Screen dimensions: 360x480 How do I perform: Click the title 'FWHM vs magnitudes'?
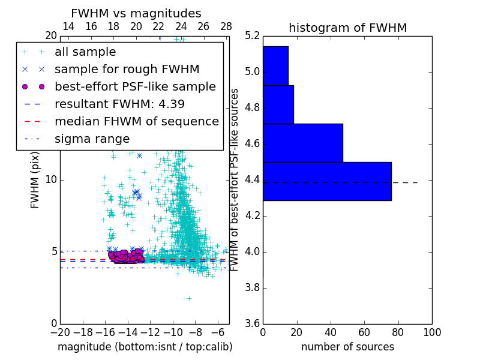[x=136, y=14]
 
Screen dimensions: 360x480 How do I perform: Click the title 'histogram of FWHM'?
[x=347, y=28]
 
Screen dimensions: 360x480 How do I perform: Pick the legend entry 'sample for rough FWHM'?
[x=127, y=70]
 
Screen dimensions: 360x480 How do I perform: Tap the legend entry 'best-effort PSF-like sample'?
[x=135, y=87]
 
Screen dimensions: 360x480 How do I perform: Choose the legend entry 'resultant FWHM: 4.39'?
[x=119, y=104]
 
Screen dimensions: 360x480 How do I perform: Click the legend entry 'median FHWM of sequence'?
[x=137, y=122]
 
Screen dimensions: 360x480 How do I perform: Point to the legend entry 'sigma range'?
[x=92, y=139]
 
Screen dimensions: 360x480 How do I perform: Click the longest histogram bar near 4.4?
[x=327, y=181]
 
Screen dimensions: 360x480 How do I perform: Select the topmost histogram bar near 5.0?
[x=275, y=65]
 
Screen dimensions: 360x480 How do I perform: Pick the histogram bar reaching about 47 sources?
[x=302, y=143]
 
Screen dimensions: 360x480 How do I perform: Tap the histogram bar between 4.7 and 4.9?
[x=278, y=104]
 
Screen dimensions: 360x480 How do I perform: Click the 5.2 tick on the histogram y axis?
[x=253, y=36]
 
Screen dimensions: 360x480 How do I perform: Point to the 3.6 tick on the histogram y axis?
[x=253, y=323]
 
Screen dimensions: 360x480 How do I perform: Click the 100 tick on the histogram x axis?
[x=432, y=332]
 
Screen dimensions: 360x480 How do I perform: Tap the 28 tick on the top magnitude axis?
[x=226, y=27]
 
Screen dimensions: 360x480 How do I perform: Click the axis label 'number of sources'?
[x=347, y=347]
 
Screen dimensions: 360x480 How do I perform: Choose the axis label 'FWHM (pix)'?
[x=35, y=180]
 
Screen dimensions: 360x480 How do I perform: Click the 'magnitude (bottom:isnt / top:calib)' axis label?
[x=145, y=347]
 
